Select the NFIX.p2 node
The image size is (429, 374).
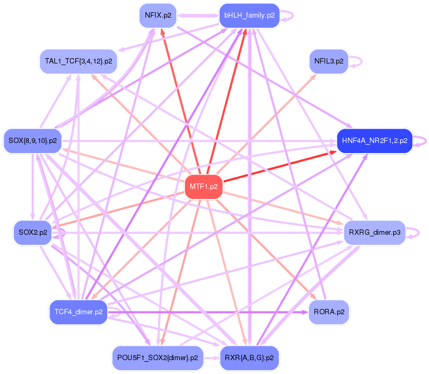pos(157,15)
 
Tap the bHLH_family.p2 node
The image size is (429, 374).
pos(249,15)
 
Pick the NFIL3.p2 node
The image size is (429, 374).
pos(328,61)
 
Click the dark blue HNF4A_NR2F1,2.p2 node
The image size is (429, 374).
pos(375,141)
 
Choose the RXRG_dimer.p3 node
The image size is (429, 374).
pos(375,233)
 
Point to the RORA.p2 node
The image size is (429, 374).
pos(329,312)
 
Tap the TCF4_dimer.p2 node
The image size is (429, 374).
pos(78,312)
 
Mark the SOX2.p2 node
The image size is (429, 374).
pos(33,233)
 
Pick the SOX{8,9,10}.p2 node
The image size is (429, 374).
pos(33,141)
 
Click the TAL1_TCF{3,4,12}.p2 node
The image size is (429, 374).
pos(78,61)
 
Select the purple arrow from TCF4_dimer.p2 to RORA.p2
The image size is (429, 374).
pos(208,312)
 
